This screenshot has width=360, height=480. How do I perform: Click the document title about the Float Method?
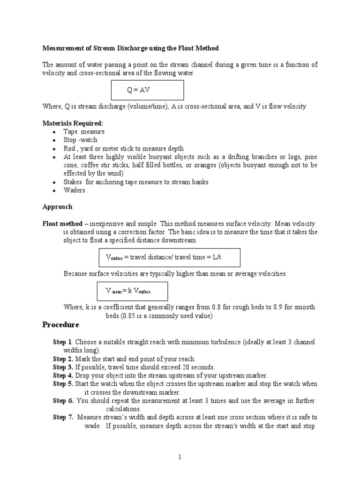131,48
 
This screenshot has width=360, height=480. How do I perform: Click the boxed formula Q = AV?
147,90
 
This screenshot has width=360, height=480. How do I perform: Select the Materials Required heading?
73,123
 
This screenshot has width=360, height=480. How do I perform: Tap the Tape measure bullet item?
84,132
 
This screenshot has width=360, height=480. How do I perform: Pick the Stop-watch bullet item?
81,140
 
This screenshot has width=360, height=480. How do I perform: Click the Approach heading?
57,207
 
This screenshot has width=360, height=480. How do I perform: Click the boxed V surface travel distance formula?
169,257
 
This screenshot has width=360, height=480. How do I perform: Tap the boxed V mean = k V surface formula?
132,291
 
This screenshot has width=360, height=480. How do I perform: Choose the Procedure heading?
60,325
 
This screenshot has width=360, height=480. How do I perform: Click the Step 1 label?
62,342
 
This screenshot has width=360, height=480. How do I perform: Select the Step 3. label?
63,367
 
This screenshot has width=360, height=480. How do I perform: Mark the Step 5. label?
63,384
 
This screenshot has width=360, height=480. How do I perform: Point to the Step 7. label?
63,417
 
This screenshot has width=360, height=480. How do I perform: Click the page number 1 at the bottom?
180,457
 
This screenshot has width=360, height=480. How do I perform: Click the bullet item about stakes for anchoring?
136,182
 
